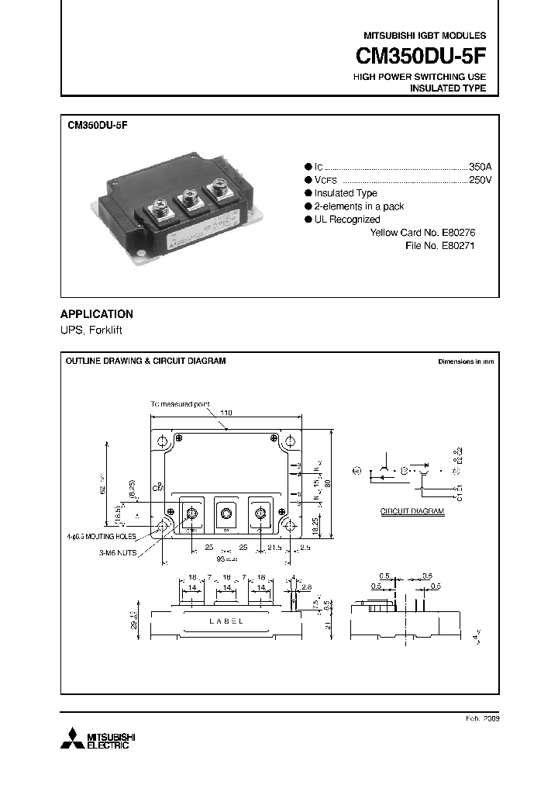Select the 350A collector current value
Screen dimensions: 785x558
point(480,167)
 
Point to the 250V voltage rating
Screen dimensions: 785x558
point(480,180)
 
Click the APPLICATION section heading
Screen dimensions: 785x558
point(97,314)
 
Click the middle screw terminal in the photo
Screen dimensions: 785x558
point(188,199)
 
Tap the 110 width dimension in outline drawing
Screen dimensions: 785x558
point(226,413)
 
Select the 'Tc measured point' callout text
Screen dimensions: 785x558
point(181,404)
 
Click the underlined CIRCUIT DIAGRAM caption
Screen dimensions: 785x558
point(412,512)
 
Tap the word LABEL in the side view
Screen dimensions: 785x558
point(226,621)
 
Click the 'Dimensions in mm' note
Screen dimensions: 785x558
point(466,361)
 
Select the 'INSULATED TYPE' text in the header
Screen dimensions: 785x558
point(447,88)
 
